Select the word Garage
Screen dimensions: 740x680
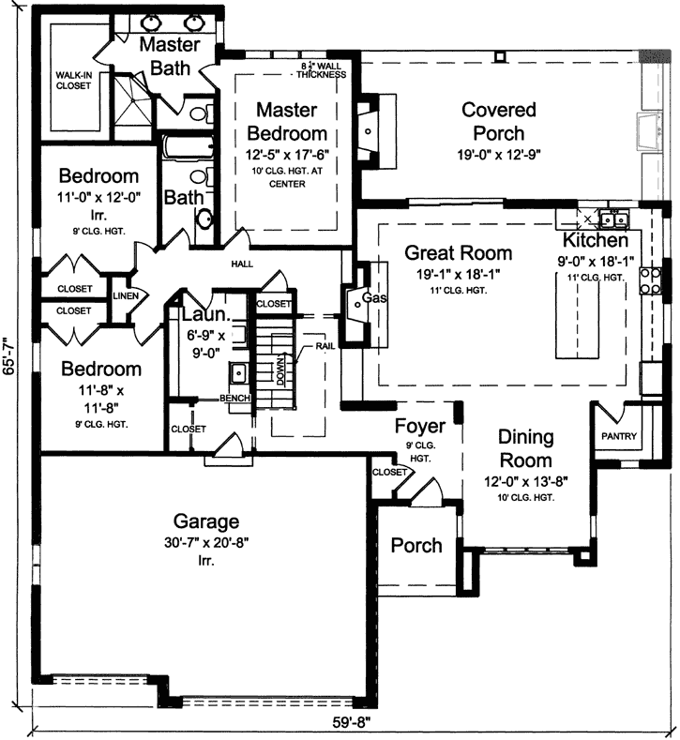coord(206,521)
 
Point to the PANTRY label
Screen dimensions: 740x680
coord(618,436)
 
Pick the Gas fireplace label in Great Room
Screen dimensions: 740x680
coord(374,297)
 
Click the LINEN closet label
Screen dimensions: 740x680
coord(127,296)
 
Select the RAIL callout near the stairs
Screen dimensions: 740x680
coord(325,345)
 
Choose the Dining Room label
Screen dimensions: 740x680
coord(525,449)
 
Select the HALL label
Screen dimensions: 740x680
coord(243,264)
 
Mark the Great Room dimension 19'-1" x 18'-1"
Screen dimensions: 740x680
coord(459,274)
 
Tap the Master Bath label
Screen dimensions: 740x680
coord(170,56)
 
